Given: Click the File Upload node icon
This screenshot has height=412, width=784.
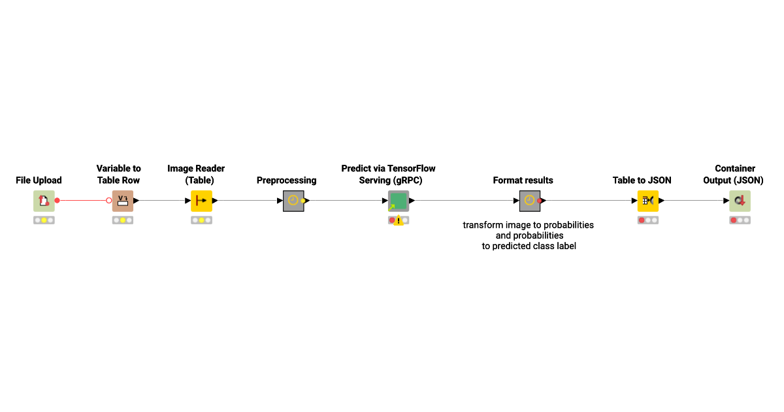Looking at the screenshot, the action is click(x=44, y=201).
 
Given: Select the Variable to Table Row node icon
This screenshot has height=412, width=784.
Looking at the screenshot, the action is click(x=123, y=201).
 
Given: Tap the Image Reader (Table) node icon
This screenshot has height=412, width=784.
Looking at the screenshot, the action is click(x=201, y=201).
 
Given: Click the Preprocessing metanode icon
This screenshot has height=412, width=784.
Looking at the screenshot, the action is click(x=293, y=201).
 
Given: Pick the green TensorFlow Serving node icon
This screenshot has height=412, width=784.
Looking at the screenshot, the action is click(x=399, y=201).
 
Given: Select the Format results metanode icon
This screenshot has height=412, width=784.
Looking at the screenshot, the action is click(x=530, y=201).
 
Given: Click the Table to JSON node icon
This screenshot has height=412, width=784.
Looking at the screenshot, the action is click(x=648, y=201).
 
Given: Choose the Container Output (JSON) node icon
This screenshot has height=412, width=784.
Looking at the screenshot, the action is click(x=740, y=201).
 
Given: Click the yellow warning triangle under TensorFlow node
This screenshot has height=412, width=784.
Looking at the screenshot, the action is click(x=399, y=220).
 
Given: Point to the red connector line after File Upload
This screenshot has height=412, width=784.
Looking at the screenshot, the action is click(x=83, y=200).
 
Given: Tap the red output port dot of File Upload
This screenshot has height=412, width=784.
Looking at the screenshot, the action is click(x=57, y=200).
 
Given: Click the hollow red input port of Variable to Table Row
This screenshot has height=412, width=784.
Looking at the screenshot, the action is click(x=109, y=200).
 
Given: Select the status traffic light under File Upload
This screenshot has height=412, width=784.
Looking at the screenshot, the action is click(x=44, y=220).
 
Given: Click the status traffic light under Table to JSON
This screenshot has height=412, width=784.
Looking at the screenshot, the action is click(x=648, y=220).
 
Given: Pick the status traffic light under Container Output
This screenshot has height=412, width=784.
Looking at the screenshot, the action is click(x=740, y=220).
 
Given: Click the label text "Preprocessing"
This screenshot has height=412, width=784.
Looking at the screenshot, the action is click(x=286, y=180).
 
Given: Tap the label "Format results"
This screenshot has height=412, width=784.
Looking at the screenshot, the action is click(x=523, y=180).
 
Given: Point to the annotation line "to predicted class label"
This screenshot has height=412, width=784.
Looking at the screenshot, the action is click(x=529, y=246).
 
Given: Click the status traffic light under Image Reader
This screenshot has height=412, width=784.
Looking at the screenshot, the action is click(x=201, y=220).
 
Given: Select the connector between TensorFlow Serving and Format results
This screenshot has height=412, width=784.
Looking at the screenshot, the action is click(x=464, y=200).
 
